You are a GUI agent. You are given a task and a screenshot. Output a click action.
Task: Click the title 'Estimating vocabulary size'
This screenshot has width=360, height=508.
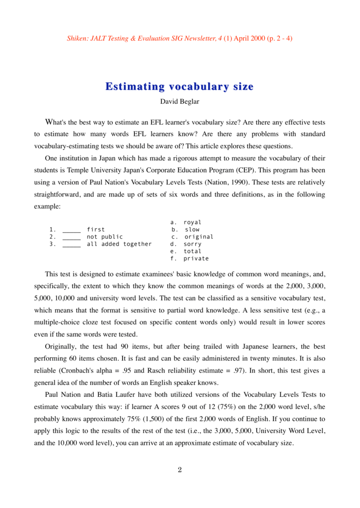click(179, 87)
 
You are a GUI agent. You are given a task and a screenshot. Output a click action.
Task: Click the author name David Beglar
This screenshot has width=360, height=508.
click(179, 102)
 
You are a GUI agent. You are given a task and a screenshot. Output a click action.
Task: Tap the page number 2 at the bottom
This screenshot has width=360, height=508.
click(180, 470)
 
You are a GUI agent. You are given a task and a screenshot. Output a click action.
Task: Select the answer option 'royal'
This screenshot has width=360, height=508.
click(193, 223)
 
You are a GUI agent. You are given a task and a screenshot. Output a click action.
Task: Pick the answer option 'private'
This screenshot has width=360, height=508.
click(196, 258)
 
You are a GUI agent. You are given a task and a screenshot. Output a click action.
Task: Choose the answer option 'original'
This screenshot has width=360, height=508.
click(199, 237)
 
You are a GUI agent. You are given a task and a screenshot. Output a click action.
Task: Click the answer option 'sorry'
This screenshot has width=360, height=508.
click(193, 244)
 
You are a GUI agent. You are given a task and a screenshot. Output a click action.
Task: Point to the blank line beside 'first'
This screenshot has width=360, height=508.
click(72, 230)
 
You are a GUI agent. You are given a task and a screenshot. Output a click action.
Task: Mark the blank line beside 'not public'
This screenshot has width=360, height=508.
click(72, 237)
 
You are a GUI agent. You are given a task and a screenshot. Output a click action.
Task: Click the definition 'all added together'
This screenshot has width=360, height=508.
click(119, 244)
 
